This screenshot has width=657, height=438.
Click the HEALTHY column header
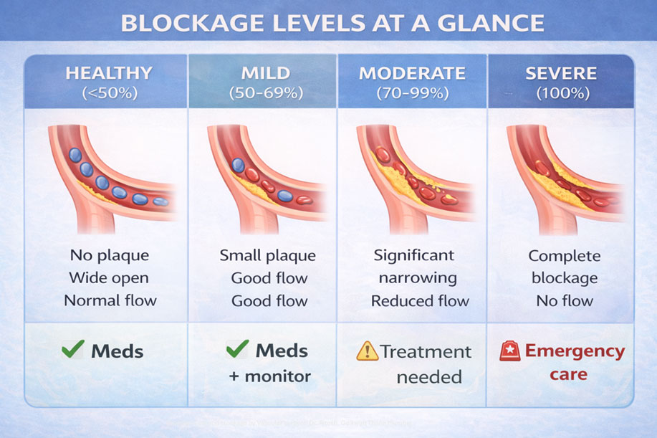click(x=109, y=73)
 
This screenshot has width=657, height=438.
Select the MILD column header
click(x=266, y=73)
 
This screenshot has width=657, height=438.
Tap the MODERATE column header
click(x=412, y=73)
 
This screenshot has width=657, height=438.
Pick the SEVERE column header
click(x=561, y=73)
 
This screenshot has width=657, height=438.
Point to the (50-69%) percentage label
click(x=266, y=92)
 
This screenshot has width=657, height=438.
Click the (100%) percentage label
click(x=561, y=92)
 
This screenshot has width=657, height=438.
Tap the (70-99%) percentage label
click(x=412, y=92)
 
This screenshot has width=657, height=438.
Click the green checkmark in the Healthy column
click(x=73, y=351)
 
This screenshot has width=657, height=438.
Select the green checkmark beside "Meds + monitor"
click(x=237, y=350)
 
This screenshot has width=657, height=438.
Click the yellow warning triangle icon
click(x=367, y=351)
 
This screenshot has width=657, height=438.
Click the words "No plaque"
click(x=109, y=255)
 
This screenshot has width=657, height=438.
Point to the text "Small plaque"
click(x=267, y=255)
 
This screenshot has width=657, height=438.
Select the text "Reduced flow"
click(x=420, y=301)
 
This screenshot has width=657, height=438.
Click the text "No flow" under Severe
click(x=565, y=301)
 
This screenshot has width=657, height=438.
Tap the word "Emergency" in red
click(x=575, y=351)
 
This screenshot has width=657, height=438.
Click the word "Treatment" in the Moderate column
click(x=426, y=351)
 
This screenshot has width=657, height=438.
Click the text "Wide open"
click(x=109, y=278)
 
